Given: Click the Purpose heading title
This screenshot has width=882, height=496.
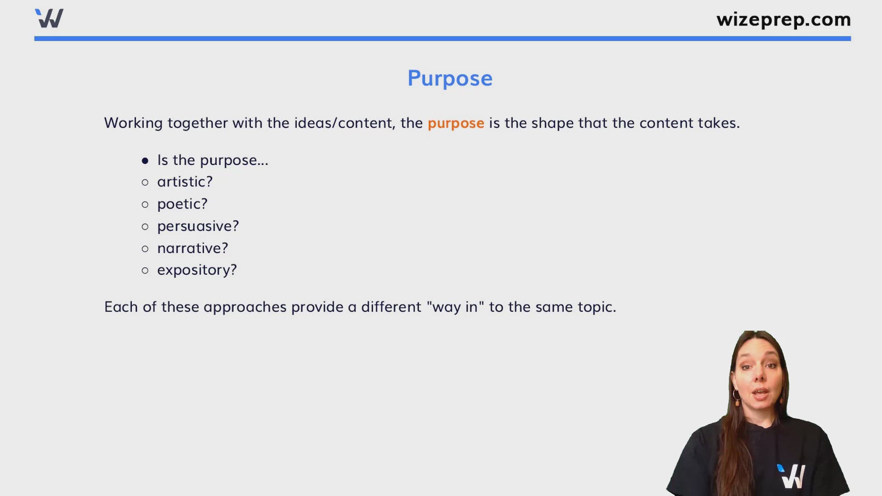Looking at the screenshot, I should coord(450,79).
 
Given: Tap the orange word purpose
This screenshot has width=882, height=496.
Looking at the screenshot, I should coord(455,123).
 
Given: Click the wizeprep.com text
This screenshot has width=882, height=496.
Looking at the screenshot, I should coord(783,19).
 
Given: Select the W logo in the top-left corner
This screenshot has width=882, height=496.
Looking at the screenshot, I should coord(49,18).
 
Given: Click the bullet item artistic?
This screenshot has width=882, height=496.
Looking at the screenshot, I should coord(185,182).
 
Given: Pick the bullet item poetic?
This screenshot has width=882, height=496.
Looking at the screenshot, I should coord(182,204).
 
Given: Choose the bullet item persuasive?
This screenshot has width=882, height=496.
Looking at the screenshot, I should coord(198,226).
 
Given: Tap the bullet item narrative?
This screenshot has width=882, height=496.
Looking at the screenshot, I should coord(192,248).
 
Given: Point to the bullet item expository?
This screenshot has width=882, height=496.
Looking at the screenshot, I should coord(197,270).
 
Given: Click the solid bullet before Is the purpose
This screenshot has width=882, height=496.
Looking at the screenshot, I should coord(145,161).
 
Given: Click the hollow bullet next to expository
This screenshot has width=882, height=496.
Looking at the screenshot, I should coord(145,271).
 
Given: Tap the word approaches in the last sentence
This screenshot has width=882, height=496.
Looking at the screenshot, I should coord(245,307).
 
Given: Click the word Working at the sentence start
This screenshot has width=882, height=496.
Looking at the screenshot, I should coord(133,123).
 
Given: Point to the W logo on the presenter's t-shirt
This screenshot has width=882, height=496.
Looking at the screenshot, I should coord(792,476).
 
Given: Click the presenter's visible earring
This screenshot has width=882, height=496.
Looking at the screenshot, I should coord(737,398).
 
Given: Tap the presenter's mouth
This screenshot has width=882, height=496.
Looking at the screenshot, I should coord(761,395).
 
